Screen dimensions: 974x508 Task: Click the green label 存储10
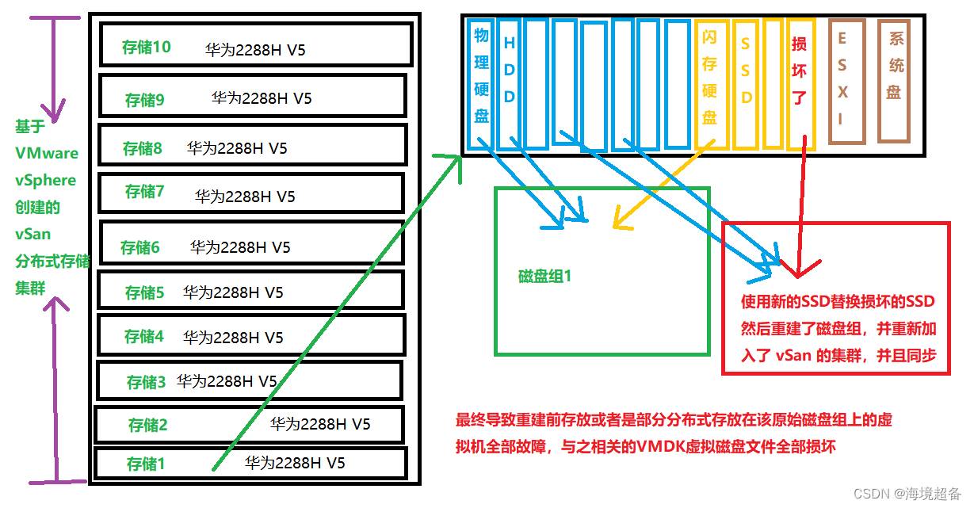point(146,47)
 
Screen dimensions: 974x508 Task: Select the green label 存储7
point(144,191)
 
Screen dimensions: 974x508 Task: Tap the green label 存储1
point(146,464)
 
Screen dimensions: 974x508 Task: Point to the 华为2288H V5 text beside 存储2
point(320,424)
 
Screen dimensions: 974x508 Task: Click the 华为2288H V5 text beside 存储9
point(262,98)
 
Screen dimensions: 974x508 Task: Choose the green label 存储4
point(144,336)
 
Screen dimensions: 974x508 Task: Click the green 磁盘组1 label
point(544,276)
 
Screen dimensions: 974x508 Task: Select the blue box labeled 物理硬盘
point(480,83)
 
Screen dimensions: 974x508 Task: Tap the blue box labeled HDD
point(509,83)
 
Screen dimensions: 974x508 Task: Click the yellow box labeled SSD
point(746,83)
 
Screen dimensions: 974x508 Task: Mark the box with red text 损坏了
point(801,83)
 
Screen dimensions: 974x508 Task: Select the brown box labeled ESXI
point(846,81)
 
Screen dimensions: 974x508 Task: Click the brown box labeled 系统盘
point(894,81)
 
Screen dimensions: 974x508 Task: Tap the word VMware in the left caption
point(47,153)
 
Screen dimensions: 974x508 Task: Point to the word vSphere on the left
point(46,180)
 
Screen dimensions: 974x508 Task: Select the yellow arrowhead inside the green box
point(621,220)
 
